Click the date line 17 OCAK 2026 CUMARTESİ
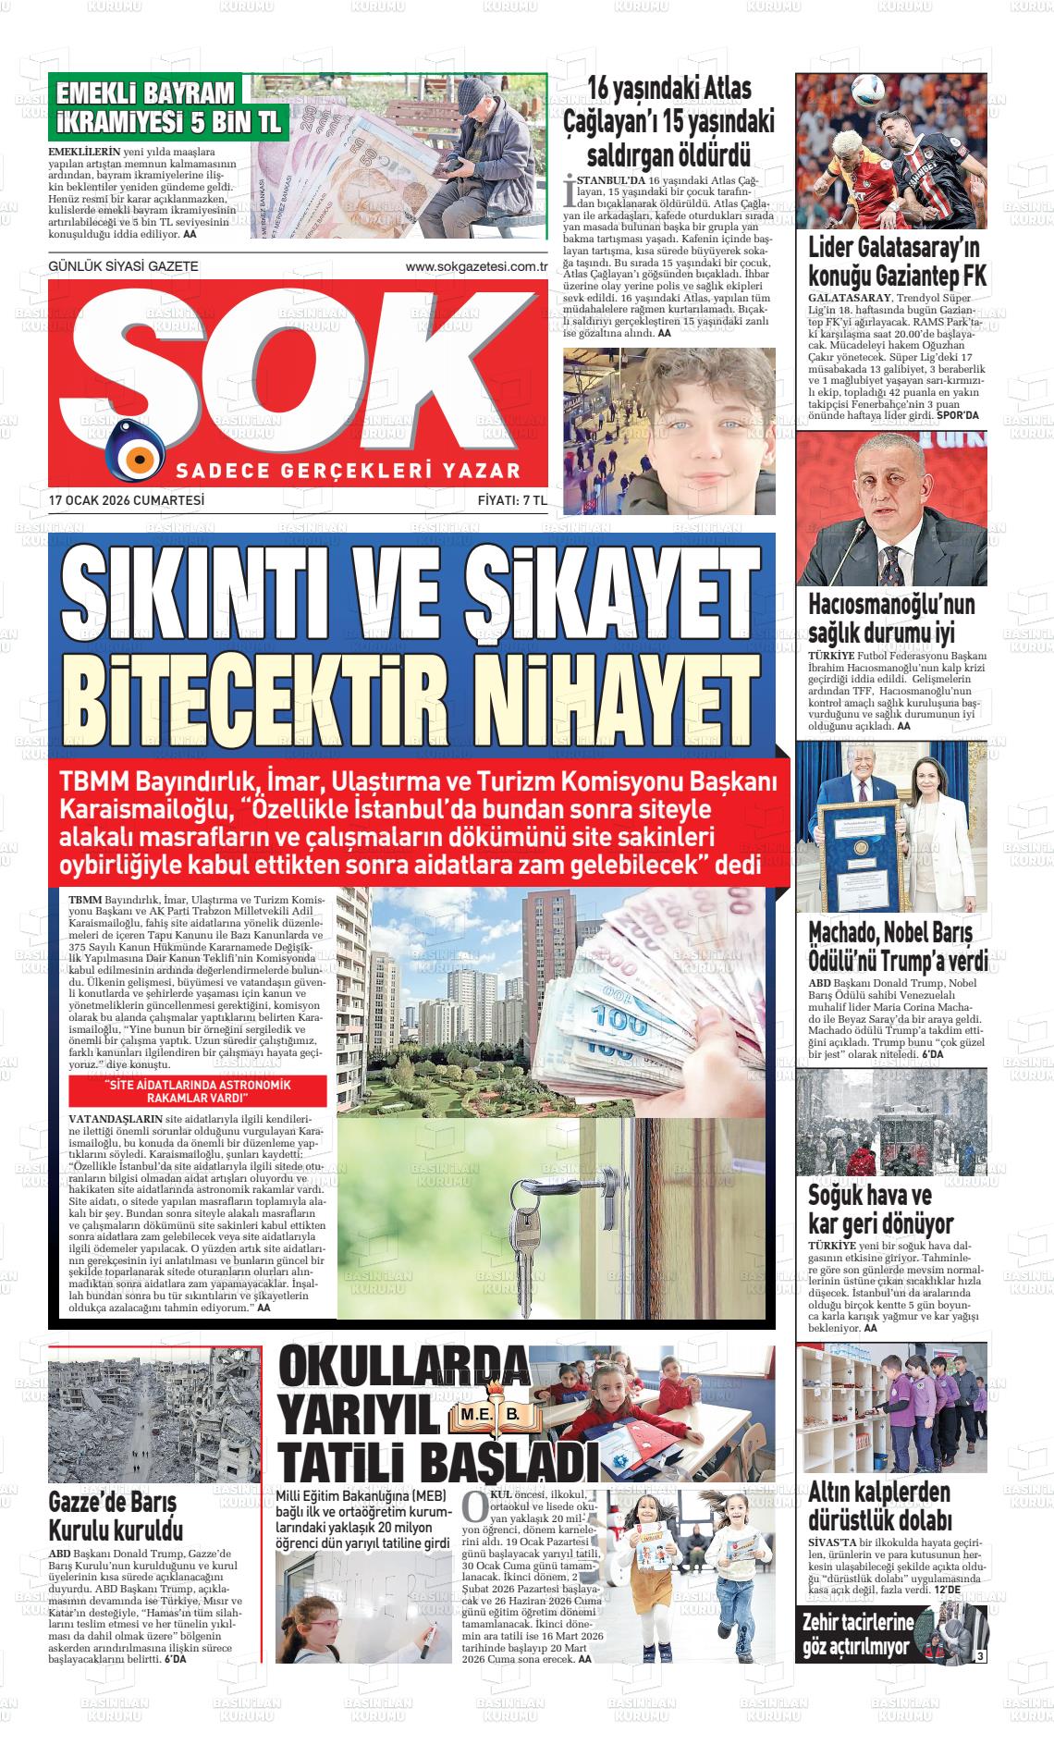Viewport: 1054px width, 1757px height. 127,500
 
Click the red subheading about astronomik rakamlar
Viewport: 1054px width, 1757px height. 197,1091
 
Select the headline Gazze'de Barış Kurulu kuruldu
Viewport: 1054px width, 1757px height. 116,1517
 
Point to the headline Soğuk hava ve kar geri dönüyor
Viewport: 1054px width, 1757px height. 880,1209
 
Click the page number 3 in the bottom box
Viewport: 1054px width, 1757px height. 980,1656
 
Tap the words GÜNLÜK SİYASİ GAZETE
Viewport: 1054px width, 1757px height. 123,266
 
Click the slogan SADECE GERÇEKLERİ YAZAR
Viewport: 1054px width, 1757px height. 348,471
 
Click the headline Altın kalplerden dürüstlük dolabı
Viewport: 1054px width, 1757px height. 878,1505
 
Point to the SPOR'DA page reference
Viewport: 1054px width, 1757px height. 957,415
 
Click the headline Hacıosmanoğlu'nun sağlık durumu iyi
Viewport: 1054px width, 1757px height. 891,619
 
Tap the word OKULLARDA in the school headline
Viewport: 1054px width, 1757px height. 404,1368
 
